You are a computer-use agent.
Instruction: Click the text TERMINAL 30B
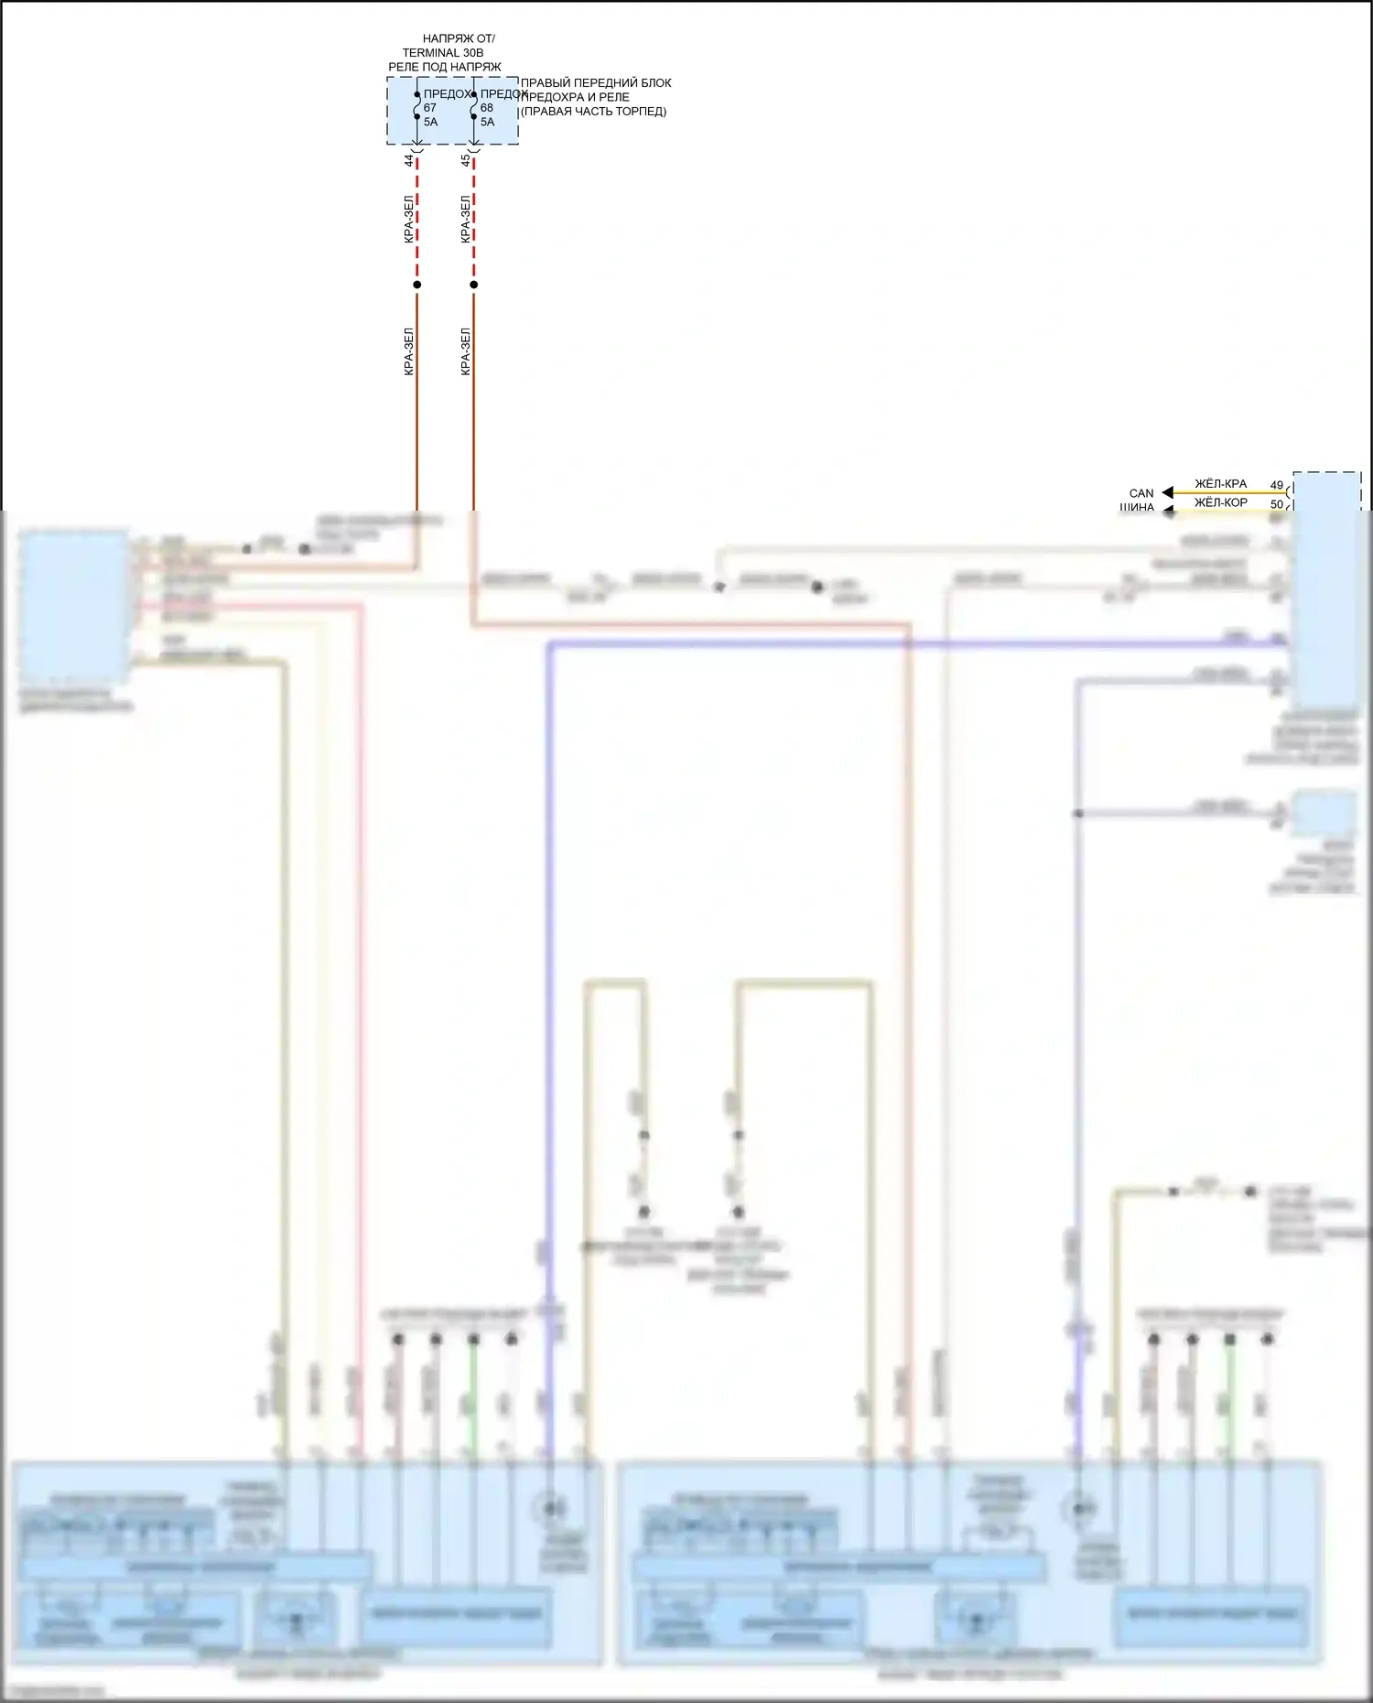(x=443, y=53)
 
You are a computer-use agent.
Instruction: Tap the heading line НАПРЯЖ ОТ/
(x=459, y=39)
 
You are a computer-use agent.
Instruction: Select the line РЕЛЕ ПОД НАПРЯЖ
(x=445, y=67)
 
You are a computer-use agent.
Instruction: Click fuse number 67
(x=430, y=108)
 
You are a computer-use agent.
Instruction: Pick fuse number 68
(x=487, y=108)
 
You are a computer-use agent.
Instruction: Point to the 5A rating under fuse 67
(x=431, y=122)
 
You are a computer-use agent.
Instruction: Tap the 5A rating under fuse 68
(x=488, y=122)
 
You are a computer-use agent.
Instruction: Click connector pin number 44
(x=409, y=160)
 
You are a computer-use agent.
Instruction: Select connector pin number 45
(x=466, y=160)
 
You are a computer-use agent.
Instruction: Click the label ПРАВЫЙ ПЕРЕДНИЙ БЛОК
(x=596, y=83)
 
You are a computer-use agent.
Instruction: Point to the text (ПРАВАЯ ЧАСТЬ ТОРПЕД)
(x=593, y=112)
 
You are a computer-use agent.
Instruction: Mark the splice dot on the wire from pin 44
(x=417, y=285)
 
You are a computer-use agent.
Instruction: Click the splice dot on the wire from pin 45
(x=474, y=285)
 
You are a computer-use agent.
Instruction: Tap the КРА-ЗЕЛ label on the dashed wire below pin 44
(x=409, y=220)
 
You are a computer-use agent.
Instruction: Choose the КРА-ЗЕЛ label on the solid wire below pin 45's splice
(x=466, y=351)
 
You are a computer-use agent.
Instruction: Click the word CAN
(x=1141, y=493)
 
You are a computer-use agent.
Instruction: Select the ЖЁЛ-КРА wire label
(x=1220, y=484)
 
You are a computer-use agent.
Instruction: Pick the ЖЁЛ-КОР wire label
(x=1220, y=502)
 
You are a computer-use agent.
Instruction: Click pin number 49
(x=1277, y=485)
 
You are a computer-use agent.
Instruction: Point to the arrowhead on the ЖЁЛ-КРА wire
(x=1167, y=493)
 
